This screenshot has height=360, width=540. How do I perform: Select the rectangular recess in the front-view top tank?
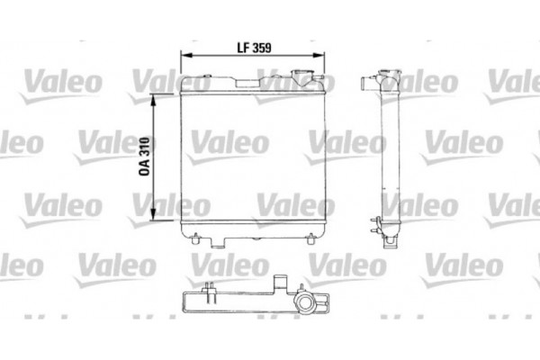point(247,84)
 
